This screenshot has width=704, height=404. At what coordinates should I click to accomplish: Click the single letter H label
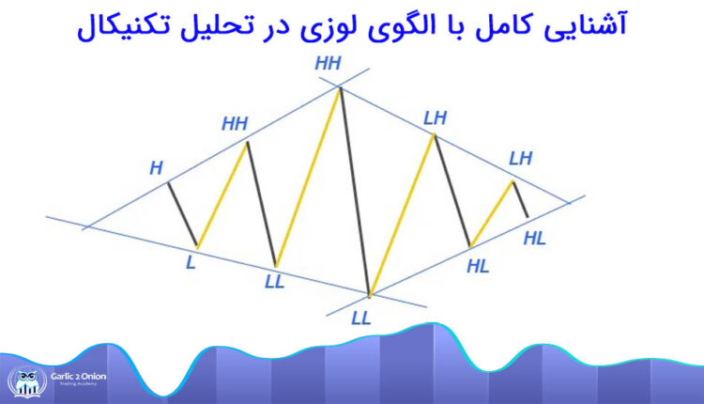pos(156,169)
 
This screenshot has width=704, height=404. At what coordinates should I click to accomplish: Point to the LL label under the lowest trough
pos(361,317)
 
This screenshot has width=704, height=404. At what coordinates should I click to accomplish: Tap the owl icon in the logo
pos(23,381)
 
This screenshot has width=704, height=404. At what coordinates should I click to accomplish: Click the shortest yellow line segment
pos(492,213)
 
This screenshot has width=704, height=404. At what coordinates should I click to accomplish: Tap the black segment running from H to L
pos(183,213)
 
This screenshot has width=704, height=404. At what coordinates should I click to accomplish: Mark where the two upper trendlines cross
pos(341,86)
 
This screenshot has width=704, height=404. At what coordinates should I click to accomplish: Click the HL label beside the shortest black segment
pos(534,238)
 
